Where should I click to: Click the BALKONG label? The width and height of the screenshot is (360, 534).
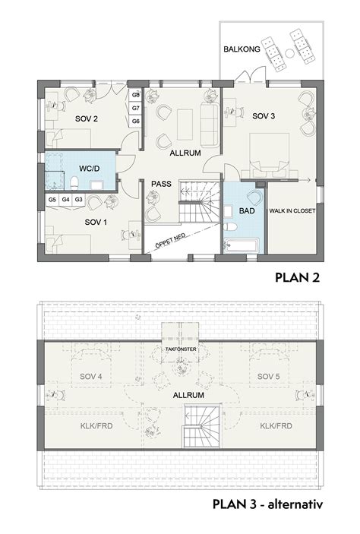(x=242, y=49)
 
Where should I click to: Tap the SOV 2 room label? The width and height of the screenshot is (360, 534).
(x=87, y=118)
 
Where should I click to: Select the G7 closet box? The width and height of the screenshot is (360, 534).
(x=136, y=109)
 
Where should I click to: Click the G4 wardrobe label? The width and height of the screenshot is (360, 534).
(x=65, y=200)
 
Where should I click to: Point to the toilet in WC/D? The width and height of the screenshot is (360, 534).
(x=74, y=183)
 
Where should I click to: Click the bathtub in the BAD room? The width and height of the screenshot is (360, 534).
(x=242, y=245)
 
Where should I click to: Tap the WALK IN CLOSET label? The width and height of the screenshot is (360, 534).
(x=292, y=211)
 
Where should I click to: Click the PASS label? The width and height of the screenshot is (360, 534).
(x=162, y=184)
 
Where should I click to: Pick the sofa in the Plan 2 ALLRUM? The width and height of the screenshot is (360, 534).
(x=209, y=125)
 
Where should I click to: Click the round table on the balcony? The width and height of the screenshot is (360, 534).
(x=289, y=53)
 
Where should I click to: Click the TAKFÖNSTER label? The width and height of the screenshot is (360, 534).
(x=181, y=349)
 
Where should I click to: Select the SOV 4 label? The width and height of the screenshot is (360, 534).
(x=91, y=377)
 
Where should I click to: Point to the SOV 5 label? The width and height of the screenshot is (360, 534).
(x=269, y=377)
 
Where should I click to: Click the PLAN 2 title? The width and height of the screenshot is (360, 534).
(x=298, y=277)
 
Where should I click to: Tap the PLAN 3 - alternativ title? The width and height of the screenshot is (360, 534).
(x=267, y=504)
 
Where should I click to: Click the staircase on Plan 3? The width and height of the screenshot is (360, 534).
(x=201, y=426)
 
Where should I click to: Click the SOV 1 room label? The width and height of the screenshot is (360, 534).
(x=96, y=223)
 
